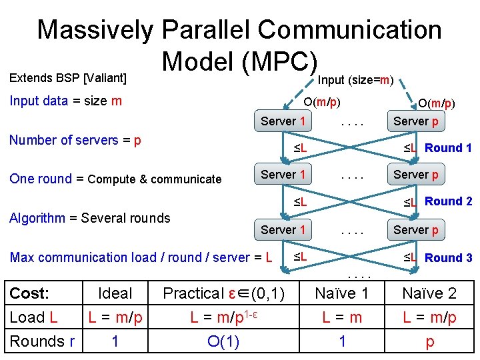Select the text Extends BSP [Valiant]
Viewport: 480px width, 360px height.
click(x=67, y=78)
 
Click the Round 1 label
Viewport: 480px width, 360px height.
click(x=448, y=148)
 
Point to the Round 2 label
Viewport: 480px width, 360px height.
click(x=448, y=201)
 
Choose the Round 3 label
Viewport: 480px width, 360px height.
click(x=448, y=258)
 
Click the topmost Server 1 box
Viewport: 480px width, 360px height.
click(x=283, y=121)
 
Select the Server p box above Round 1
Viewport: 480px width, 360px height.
click(x=416, y=121)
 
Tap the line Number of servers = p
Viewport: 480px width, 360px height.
click(x=75, y=141)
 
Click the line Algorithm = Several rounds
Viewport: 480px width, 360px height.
click(x=90, y=218)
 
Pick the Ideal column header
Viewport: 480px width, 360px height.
click(x=115, y=293)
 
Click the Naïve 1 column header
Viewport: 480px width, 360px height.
click(x=341, y=293)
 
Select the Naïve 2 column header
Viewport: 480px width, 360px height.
click(x=429, y=293)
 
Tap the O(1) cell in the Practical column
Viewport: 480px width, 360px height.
click(x=224, y=341)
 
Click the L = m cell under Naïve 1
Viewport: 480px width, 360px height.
click(x=341, y=317)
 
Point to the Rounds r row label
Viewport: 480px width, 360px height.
click(x=42, y=341)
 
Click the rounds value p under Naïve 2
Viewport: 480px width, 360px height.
click(x=429, y=342)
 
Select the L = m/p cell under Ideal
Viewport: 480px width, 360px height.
click(x=115, y=317)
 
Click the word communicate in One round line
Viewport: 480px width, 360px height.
click(x=187, y=179)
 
